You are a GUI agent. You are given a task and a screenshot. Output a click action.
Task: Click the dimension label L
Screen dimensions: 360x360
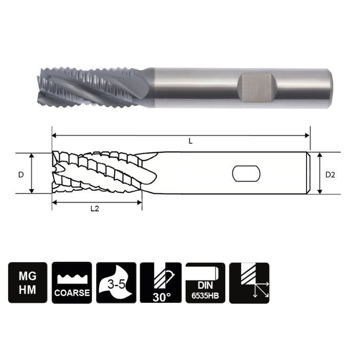(190, 141)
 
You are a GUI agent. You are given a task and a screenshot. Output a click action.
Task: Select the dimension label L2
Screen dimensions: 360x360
(95, 209)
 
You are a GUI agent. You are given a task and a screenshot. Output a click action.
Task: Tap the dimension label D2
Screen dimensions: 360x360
(330, 174)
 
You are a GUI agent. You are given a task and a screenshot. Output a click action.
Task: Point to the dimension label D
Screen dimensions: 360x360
(21, 174)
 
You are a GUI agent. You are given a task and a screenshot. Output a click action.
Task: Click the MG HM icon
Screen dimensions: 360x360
(28, 282)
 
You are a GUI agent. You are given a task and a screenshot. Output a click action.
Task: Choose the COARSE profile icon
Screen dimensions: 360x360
(72, 282)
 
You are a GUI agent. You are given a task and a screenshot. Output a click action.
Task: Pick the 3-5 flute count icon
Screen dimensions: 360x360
(116, 282)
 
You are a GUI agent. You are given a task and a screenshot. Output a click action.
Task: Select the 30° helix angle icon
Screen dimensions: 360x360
(160, 282)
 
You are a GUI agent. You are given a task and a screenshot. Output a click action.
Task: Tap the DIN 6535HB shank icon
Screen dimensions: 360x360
(205, 282)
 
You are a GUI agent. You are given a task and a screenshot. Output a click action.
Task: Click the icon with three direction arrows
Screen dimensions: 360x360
(249, 282)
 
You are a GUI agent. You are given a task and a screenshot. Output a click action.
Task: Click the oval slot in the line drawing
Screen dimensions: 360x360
(246, 174)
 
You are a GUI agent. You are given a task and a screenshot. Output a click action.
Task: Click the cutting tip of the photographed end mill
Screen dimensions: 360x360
(41, 85)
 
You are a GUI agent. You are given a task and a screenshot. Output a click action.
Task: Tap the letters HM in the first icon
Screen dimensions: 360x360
(28, 290)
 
